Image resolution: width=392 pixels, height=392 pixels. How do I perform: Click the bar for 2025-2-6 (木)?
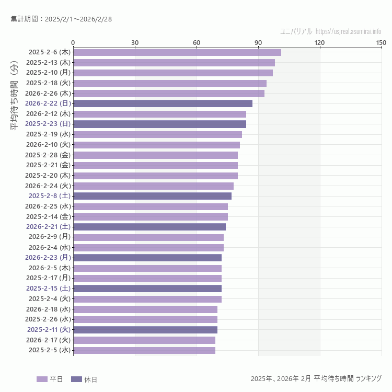177,52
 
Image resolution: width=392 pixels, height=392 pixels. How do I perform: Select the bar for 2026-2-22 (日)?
163,103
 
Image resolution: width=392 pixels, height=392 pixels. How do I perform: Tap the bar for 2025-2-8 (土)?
152,196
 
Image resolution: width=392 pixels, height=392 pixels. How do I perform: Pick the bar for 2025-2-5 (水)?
144,350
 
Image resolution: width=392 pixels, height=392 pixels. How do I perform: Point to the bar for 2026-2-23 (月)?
147,258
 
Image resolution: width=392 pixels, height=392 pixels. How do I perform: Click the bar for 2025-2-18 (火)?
169,83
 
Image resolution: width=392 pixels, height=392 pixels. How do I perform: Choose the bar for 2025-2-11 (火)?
145,330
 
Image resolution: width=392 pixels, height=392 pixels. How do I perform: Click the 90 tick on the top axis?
258,42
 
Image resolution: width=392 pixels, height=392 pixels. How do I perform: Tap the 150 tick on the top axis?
381,42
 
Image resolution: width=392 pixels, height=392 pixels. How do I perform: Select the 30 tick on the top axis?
135,42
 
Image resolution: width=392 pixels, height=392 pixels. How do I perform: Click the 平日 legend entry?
50,379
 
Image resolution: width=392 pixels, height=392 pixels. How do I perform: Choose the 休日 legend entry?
84,379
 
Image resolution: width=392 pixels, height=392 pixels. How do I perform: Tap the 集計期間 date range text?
61,19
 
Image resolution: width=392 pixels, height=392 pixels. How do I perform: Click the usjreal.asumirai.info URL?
348,31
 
